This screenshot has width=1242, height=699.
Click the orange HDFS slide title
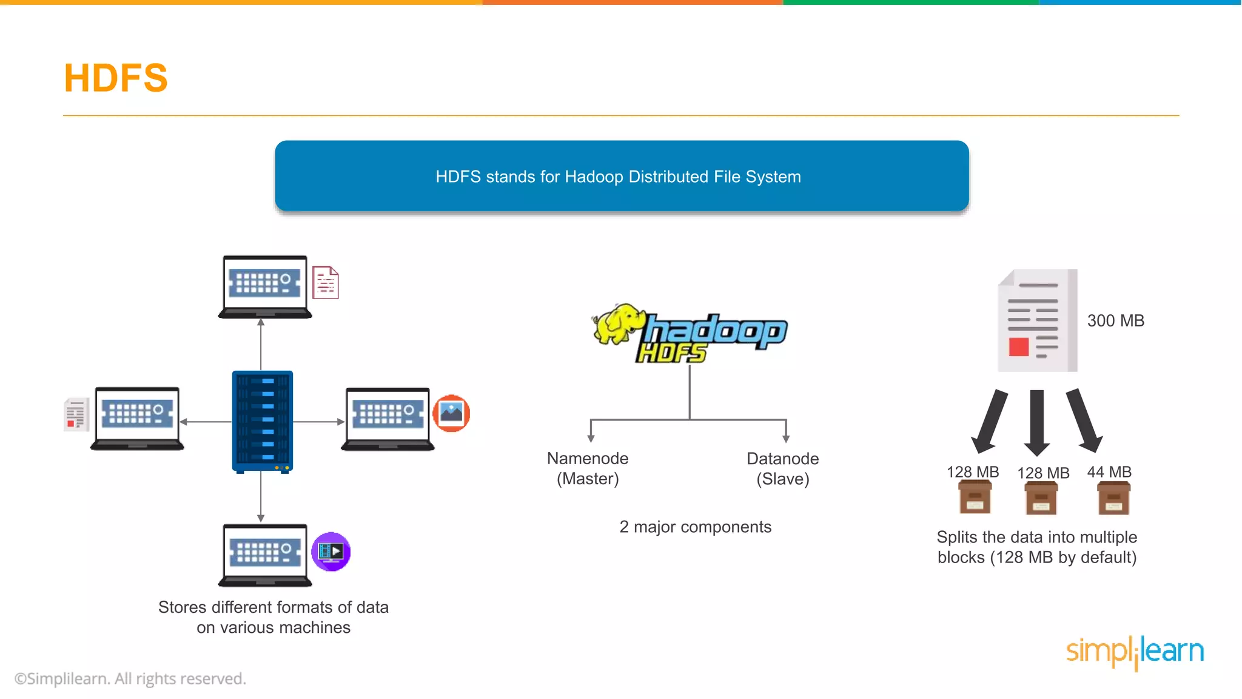click(x=116, y=78)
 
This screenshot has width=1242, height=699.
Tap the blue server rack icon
click(x=262, y=421)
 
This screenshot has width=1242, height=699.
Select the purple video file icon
click(x=331, y=552)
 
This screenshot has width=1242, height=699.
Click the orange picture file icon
click(x=451, y=413)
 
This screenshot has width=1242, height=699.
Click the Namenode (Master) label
click(x=588, y=468)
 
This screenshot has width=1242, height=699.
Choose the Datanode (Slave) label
click(x=782, y=468)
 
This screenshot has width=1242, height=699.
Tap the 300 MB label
click(x=1115, y=320)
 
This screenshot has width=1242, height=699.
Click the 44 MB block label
click(x=1109, y=471)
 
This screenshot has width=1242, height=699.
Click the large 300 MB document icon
click(x=1037, y=320)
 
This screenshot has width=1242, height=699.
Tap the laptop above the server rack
click(x=265, y=286)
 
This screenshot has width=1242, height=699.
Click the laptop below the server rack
click(x=265, y=555)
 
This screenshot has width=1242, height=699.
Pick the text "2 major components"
click(x=695, y=527)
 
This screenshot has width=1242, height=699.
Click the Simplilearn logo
click(x=1135, y=652)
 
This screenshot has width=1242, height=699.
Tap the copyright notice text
click(x=130, y=678)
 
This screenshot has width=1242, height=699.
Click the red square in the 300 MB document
click(x=1019, y=347)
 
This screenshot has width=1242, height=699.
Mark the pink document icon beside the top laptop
click(x=326, y=283)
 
